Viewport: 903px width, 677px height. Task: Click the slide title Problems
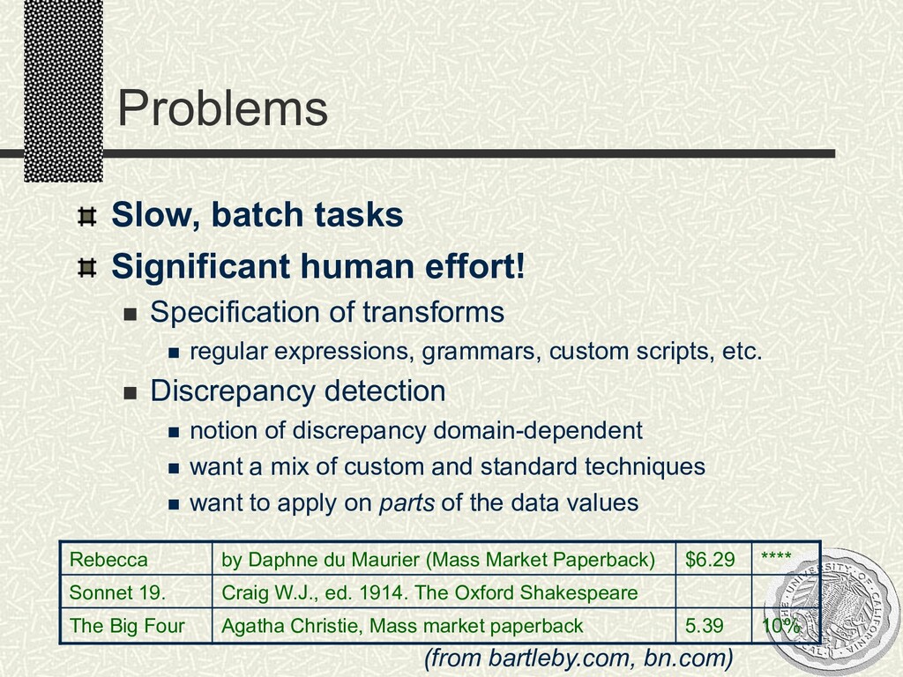[222, 108]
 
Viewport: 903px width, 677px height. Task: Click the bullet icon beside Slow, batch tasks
[87, 217]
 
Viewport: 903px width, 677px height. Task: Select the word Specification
[235, 313]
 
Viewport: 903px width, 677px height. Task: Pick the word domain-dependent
[538, 430]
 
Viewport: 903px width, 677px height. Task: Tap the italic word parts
[407, 503]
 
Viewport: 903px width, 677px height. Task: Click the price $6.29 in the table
[710, 560]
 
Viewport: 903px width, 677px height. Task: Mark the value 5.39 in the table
[704, 626]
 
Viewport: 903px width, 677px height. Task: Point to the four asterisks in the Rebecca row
[776, 556]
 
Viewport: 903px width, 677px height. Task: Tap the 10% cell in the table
[781, 626]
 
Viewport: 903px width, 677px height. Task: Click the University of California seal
[832, 613]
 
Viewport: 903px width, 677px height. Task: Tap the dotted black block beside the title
[63, 91]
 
